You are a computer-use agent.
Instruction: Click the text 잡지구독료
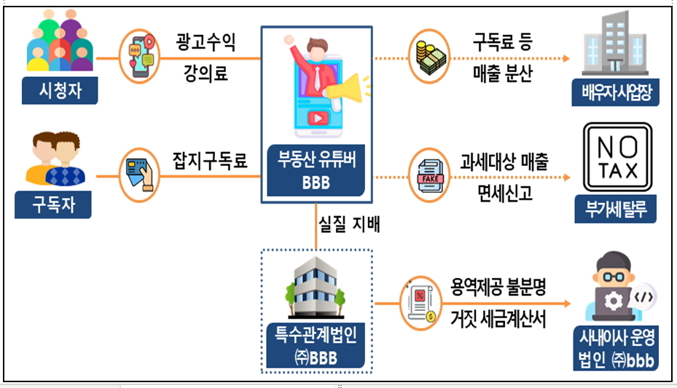pyautogui.click(x=210, y=159)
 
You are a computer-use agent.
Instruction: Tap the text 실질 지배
pyautogui.click(x=348, y=223)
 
